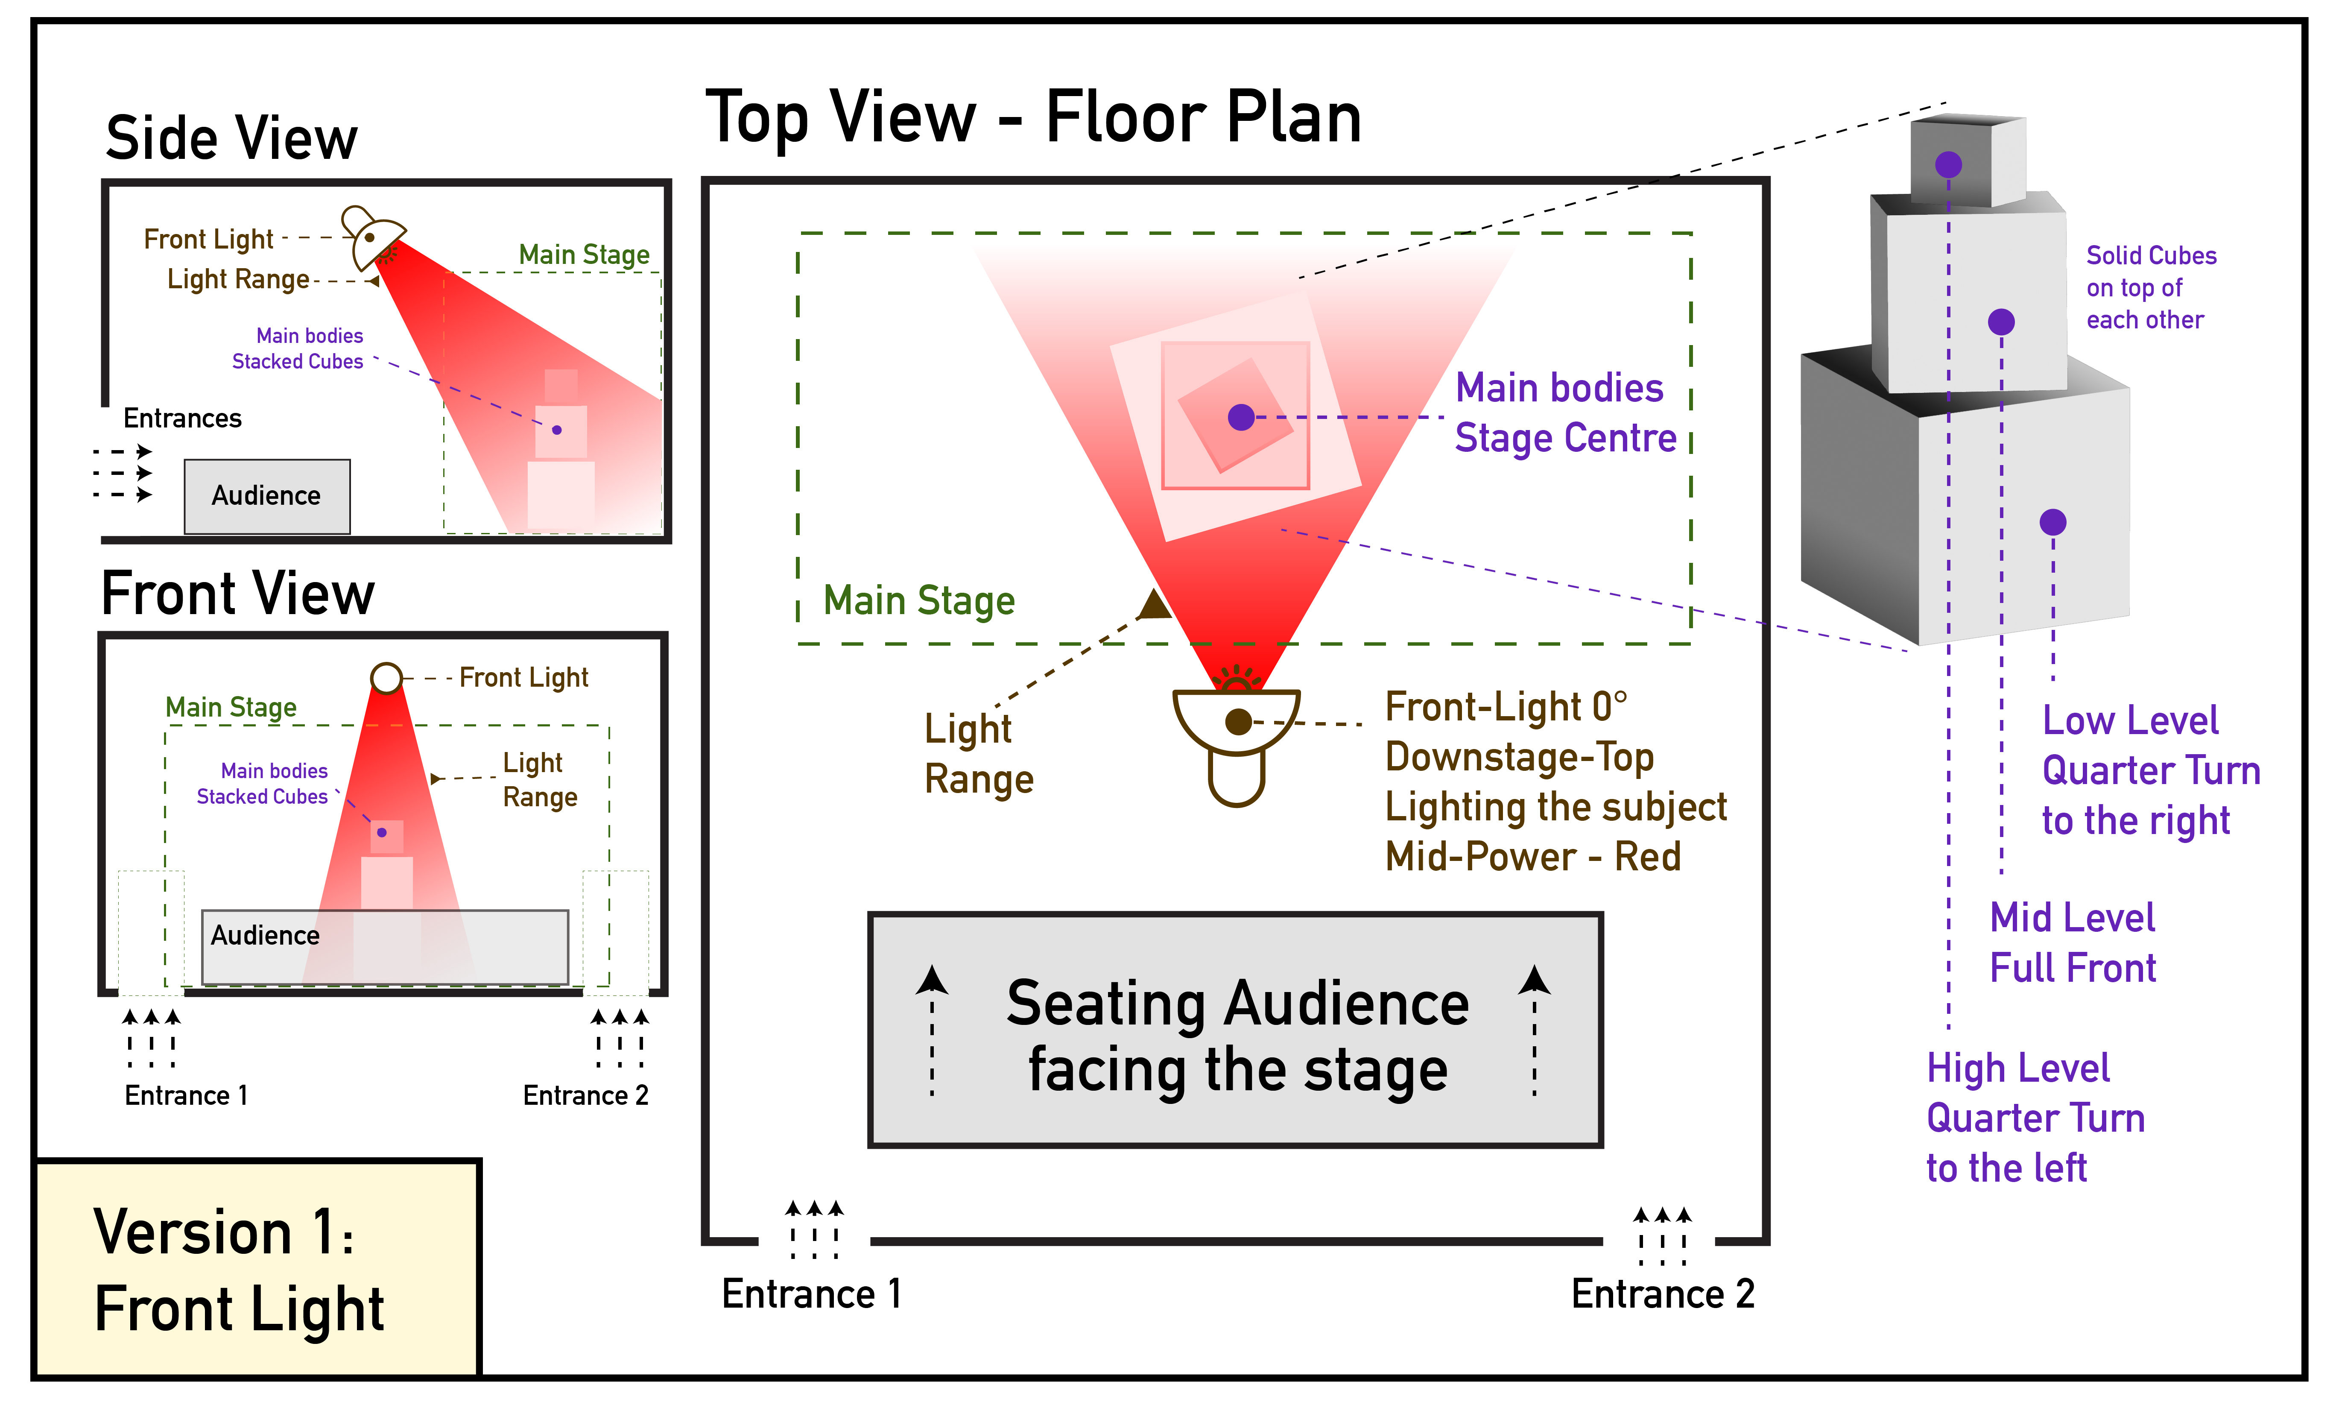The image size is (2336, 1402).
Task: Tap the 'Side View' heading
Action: pyautogui.click(x=231, y=139)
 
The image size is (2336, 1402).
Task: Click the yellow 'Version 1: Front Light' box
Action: pyautogui.click(x=257, y=1269)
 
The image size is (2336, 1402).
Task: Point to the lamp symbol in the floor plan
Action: pyautogui.click(x=1237, y=742)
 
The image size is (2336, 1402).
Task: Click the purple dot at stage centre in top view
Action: pyautogui.click(x=1241, y=417)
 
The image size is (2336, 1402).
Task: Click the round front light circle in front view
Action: pyautogui.click(x=386, y=677)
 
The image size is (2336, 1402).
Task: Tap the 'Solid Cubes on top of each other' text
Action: pyautogui.click(x=2151, y=287)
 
